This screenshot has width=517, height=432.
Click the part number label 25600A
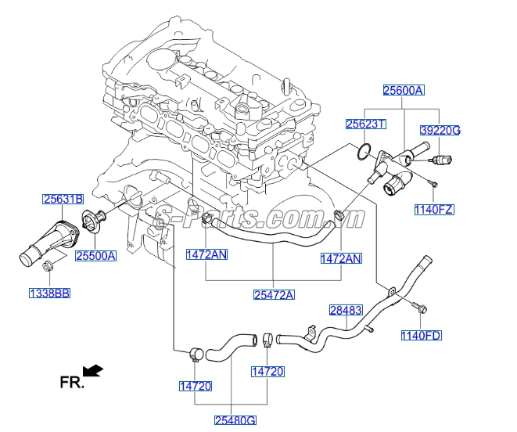[403, 91]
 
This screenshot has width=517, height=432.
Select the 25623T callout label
[367, 124]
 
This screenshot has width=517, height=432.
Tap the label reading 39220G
[440, 130]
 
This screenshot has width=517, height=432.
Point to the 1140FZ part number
[434, 210]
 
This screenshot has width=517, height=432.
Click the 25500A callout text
[95, 255]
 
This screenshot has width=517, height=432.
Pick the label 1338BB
[49, 293]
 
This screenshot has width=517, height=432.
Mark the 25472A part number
[274, 294]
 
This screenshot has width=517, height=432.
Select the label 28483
[345, 310]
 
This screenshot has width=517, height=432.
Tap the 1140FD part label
[422, 336]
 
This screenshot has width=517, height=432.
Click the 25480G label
[235, 420]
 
